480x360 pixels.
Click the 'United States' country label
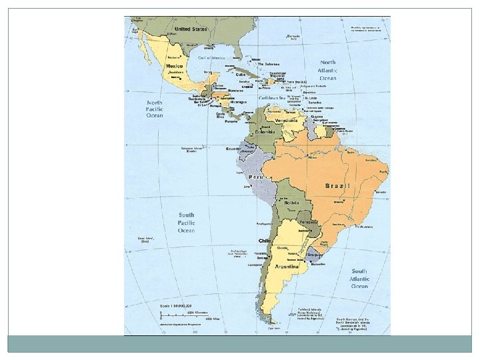[x=191, y=29]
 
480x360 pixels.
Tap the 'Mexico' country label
[x=175, y=67]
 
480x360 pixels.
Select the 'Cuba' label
[x=240, y=75]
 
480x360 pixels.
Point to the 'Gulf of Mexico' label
[x=212, y=58]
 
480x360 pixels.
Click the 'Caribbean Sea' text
[x=272, y=97]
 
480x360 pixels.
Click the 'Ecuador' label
[x=233, y=149]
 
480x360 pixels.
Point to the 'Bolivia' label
[x=299, y=202]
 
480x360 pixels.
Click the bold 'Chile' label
[x=264, y=240]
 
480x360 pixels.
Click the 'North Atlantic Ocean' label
[x=327, y=70]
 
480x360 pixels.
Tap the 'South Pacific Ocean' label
[x=186, y=223]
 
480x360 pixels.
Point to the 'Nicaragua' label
[x=239, y=101]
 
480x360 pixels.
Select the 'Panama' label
[x=231, y=122]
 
